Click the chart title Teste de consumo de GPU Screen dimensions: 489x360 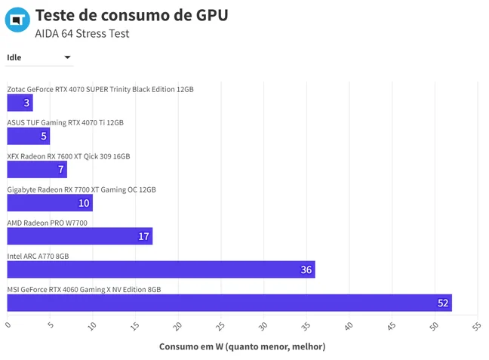coord(131,15)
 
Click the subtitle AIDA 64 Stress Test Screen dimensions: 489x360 coord(82,33)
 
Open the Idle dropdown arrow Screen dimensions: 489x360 coord(67,57)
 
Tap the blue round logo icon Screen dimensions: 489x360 coord(17,20)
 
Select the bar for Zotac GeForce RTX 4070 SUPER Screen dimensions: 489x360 coord(20,103)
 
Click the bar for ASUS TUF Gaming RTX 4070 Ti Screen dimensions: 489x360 coord(29,136)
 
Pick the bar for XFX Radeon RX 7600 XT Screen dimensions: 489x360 coord(37,169)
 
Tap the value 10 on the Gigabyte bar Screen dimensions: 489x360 coord(84,203)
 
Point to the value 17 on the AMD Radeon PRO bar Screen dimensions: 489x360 coord(144,236)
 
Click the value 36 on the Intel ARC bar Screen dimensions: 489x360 coord(306,270)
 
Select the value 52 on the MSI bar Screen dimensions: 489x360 coord(443,303)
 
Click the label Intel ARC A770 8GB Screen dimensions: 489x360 coord(38,256)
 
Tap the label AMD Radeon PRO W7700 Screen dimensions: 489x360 coord(47,223)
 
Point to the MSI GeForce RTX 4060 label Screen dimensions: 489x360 coord(84,290)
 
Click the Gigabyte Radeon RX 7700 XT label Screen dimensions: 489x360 coord(81,189)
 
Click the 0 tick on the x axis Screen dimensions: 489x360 coord(8,325)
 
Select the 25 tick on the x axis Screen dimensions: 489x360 coord(220,326)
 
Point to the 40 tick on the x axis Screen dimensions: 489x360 coord(349,326)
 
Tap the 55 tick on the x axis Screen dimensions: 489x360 coord(476,326)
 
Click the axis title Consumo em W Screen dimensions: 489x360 coord(242,346)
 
